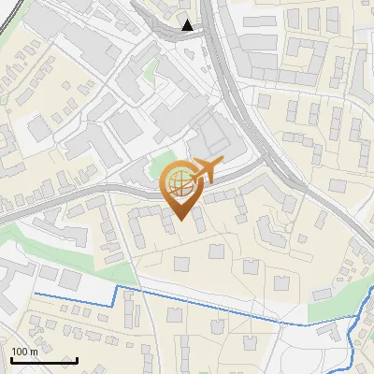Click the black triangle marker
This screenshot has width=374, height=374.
pos(189,25)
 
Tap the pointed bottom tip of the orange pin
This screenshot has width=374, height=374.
pos(180,221)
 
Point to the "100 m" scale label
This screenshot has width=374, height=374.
pos(24,352)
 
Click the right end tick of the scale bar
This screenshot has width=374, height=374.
pos(77,359)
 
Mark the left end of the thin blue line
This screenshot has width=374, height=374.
pos(36,295)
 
